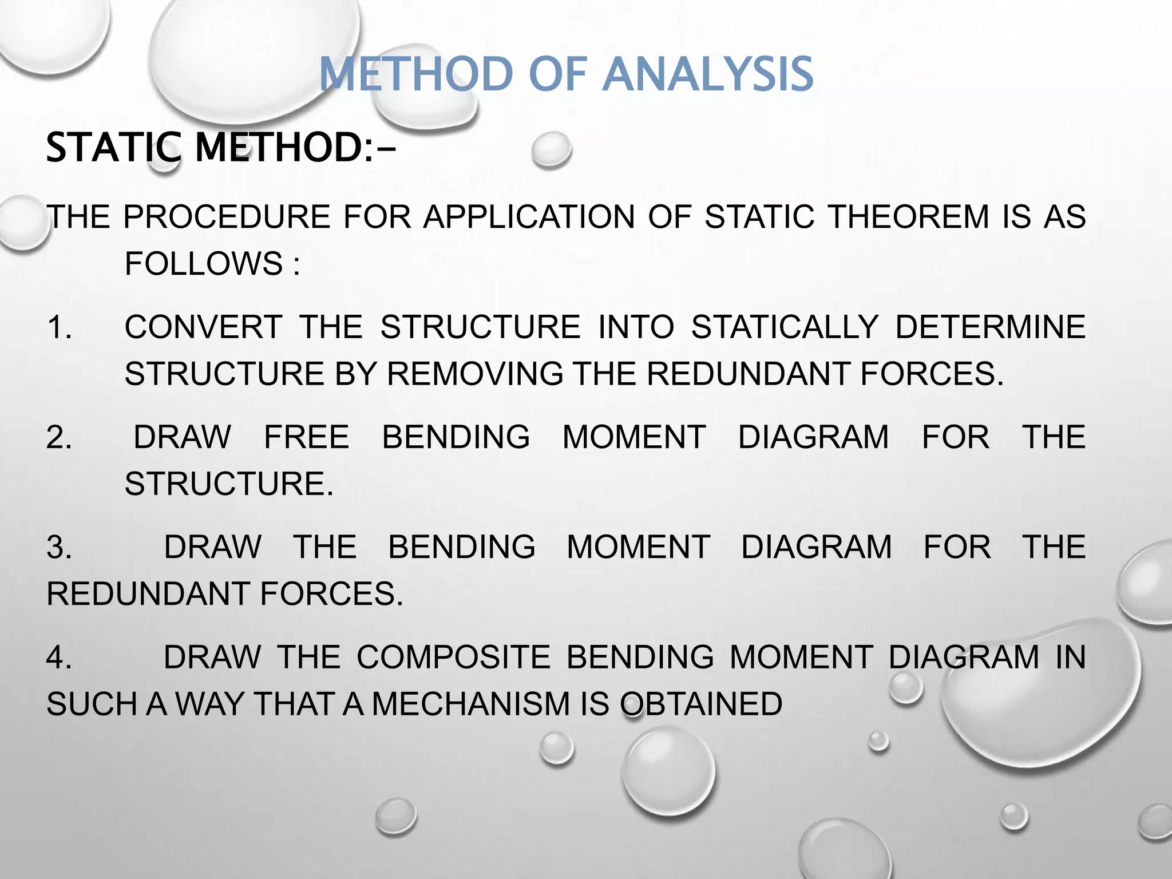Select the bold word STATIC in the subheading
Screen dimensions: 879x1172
click(113, 148)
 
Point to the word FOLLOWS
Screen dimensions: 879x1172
click(204, 264)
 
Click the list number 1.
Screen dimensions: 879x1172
click(59, 327)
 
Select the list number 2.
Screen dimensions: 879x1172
click(59, 438)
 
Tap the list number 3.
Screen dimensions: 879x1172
click(59, 548)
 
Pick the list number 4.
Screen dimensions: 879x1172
click(59, 657)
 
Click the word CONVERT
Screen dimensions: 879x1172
click(203, 327)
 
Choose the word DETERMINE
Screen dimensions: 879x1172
click(989, 327)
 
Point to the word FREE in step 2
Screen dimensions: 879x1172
click(306, 438)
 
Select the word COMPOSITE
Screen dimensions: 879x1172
click(453, 657)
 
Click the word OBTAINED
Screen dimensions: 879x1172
click(701, 704)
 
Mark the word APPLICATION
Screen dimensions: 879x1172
click(529, 217)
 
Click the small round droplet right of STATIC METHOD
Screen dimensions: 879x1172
click(551, 150)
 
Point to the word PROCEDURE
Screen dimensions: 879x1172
click(227, 217)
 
